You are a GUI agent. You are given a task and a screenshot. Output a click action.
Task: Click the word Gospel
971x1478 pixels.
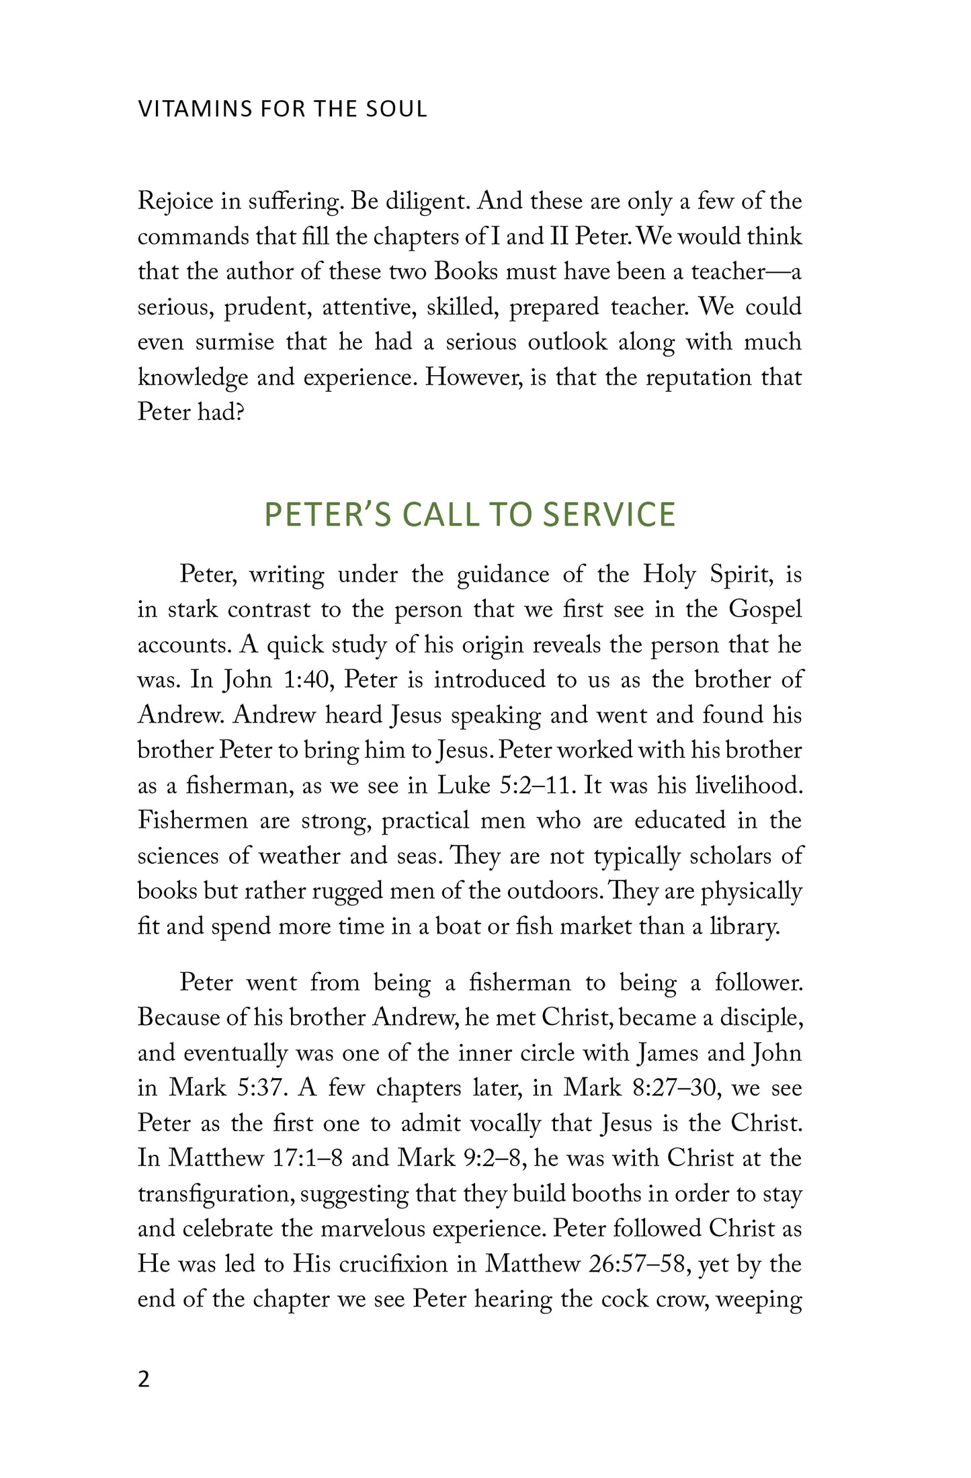tap(765, 610)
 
